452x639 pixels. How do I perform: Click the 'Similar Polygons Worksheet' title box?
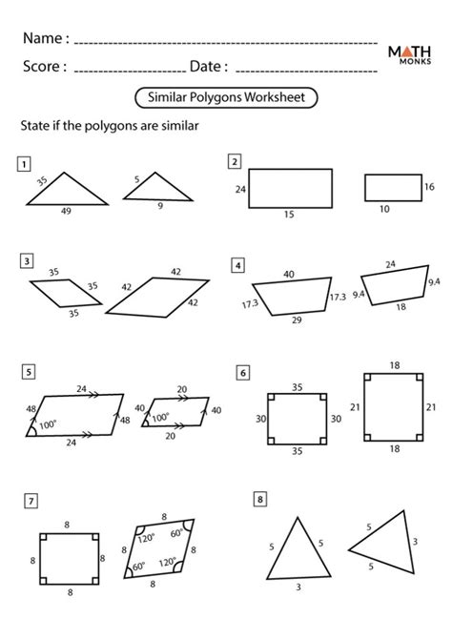coord(226,96)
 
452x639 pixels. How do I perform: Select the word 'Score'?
coord(44,67)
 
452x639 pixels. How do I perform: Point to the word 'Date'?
coord(208,67)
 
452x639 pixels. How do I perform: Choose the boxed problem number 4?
coord(237,264)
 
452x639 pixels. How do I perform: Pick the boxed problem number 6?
coord(244,372)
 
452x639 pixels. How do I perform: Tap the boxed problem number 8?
coord(258,499)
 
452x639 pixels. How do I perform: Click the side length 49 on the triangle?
coord(65,213)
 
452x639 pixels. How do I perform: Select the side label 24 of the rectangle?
coord(240,191)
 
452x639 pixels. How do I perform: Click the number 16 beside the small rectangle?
coord(429,188)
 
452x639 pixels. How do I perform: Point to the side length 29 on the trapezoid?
coord(297,320)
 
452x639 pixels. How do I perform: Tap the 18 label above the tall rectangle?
coord(394,365)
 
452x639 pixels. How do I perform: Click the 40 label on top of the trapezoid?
coord(288,275)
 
